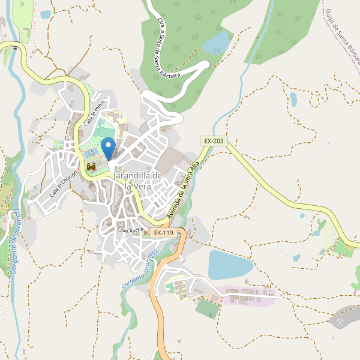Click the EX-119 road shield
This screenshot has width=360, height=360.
click(163, 232)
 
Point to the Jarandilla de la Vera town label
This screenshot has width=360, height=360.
click(137, 181)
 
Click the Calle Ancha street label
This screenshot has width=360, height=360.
click(130, 230)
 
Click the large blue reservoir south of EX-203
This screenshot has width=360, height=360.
click(230, 265)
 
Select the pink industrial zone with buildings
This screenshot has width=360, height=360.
click(246, 294)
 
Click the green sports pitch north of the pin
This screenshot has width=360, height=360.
click(106, 131)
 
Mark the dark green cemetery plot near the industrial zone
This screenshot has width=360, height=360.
click(208, 308)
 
